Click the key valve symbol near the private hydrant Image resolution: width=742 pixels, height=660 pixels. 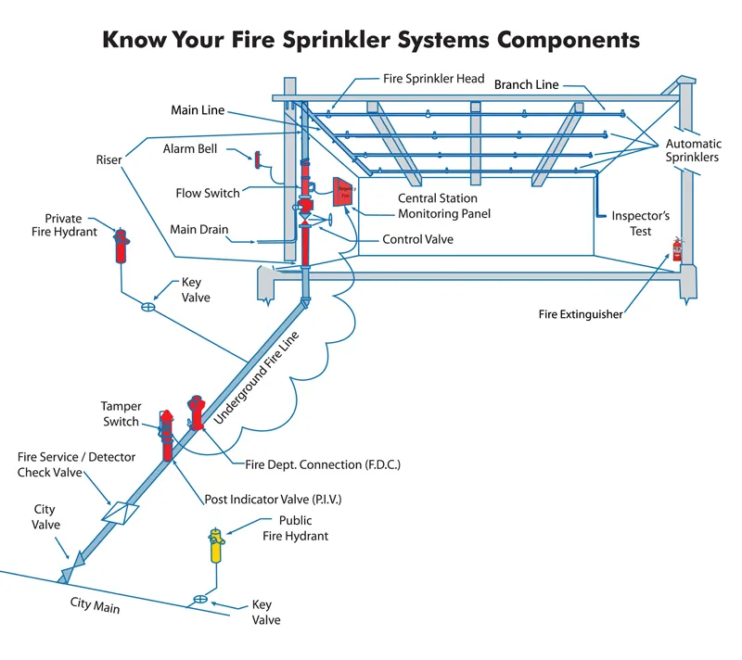(x=147, y=307)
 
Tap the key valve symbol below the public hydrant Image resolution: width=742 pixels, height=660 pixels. (x=198, y=599)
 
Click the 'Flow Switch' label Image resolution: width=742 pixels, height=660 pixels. (x=208, y=193)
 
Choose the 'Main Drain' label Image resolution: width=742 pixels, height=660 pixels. (x=199, y=229)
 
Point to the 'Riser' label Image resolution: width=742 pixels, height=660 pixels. (x=109, y=159)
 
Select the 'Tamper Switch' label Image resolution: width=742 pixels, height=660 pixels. (x=120, y=413)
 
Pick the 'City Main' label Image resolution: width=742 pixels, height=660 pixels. (x=95, y=608)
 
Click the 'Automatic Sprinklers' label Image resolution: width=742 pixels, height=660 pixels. (x=693, y=151)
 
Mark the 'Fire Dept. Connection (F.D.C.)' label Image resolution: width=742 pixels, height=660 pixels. (x=323, y=463)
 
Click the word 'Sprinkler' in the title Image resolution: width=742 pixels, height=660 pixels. (x=358, y=40)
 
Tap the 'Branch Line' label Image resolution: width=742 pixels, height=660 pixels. (x=526, y=84)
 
